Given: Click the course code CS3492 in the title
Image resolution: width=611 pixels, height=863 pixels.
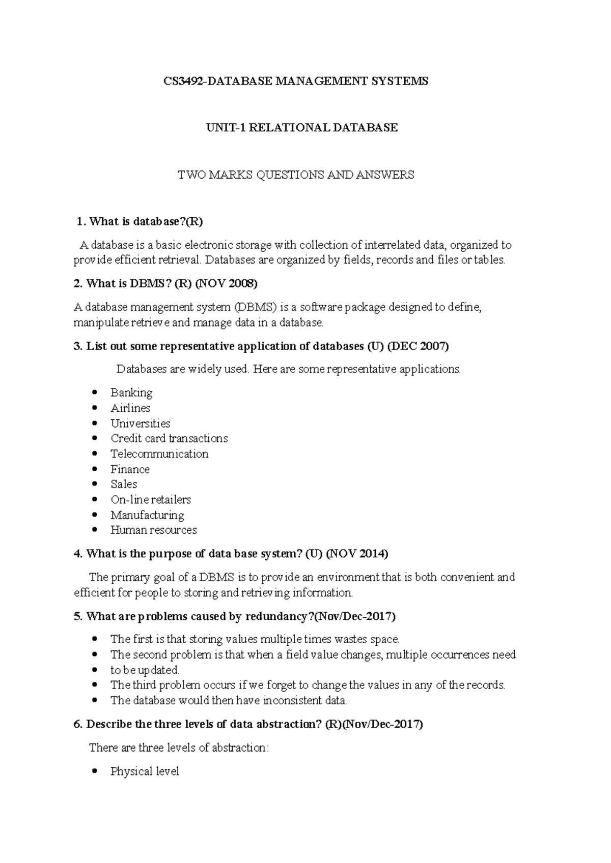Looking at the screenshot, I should [182, 81].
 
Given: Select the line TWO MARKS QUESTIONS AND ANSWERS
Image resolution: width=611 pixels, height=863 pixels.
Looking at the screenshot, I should [295, 175].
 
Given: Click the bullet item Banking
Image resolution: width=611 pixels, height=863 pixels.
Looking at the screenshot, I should [131, 393].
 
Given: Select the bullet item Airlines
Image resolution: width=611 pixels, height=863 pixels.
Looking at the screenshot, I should [130, 408].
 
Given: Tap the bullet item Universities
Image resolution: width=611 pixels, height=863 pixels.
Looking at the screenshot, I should [140, 423].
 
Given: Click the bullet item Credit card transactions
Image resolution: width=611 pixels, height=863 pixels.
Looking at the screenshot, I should [169, 439].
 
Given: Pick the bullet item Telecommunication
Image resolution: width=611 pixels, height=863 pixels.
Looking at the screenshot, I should [159, 454].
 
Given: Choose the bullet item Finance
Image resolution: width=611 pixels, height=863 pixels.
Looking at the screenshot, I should [130, 469].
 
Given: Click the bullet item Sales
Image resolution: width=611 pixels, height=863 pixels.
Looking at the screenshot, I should [124, 484].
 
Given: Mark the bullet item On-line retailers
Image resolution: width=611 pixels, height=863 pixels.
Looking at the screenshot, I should [151, 500].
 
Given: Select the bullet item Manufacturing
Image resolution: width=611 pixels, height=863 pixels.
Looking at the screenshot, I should [147, 515].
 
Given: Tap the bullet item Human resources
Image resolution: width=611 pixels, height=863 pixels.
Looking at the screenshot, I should [153, 530].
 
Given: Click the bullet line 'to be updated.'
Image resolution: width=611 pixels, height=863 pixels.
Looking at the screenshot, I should [145, 670].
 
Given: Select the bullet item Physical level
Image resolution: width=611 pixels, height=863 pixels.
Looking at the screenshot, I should [145, 771].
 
